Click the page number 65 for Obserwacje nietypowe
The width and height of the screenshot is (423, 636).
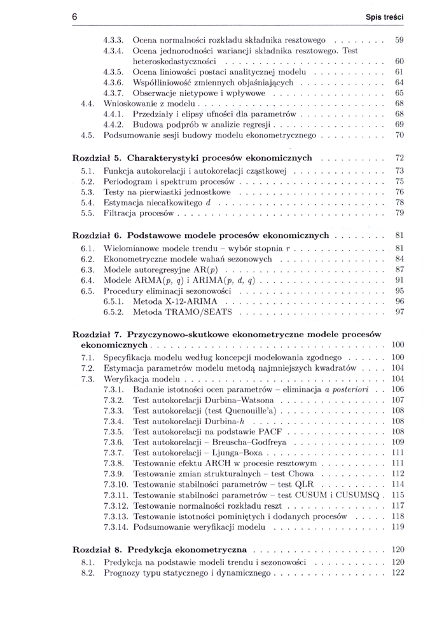coord(399,92)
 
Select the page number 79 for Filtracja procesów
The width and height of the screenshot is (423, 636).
coord(399,212)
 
